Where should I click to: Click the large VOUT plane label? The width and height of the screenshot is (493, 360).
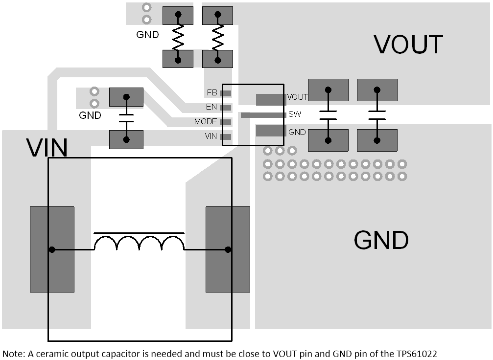point(408,45)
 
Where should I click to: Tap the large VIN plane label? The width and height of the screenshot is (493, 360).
point(47,148)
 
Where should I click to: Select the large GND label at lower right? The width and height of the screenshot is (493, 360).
point(381,240)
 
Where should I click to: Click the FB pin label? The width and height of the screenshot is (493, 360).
point(212,92)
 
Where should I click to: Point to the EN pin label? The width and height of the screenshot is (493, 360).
point(211,107)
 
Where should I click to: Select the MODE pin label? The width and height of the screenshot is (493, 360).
point(206,122)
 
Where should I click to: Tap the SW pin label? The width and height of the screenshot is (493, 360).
point(295,114)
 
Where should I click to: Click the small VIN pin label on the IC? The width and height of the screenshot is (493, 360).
point(211,136)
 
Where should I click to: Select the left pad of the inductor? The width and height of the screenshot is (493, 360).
point(52,249)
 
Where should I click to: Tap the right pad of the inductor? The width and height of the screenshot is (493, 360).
point(228,249)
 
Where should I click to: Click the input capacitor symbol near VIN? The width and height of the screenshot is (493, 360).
point(126,118)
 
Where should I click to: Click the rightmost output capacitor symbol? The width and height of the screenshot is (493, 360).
point(377,115)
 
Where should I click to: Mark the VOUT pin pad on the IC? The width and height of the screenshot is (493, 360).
point(271,100)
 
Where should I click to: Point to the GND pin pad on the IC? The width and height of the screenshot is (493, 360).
point(271,131)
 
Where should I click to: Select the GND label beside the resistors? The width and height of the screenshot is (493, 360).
point(147,35)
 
